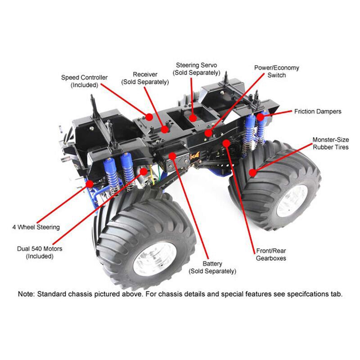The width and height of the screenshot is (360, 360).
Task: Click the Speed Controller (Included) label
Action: (84, 81)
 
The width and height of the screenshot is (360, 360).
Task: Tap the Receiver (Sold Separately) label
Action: (145, 78)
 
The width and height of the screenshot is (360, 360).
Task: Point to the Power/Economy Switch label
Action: (276, 72)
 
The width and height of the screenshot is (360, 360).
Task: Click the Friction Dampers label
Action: (318, 111)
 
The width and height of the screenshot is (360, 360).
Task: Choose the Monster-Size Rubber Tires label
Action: (330, 144)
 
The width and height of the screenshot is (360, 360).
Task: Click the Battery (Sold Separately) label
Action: (212, 268)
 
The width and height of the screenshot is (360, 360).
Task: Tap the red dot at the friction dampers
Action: (260, 117)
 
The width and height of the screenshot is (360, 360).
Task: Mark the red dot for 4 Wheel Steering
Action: (90, 183)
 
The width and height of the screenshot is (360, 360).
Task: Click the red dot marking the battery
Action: (173, 155)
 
